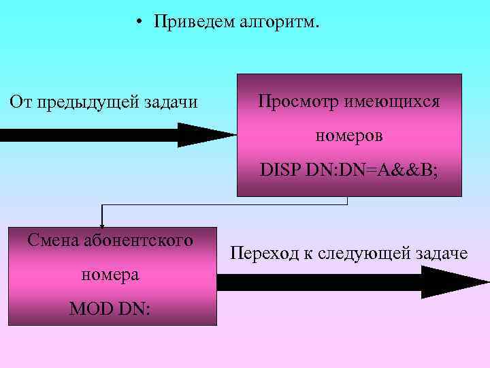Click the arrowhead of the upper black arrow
pyautogui.click(x=204, y=134)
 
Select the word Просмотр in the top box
pyautogui.click(x=297, y=102)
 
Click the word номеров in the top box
pyautogui.click(x=348, y=135)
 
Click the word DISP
pyautogui.click(x=280, y=168)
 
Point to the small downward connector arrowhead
pyautogui.click(x=102, y=222)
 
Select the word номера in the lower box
pyautogui.click(x=110, y=275)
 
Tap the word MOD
pyautogui.click(x=93, y=309)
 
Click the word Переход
pyautogui.click(x=264, y=254)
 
